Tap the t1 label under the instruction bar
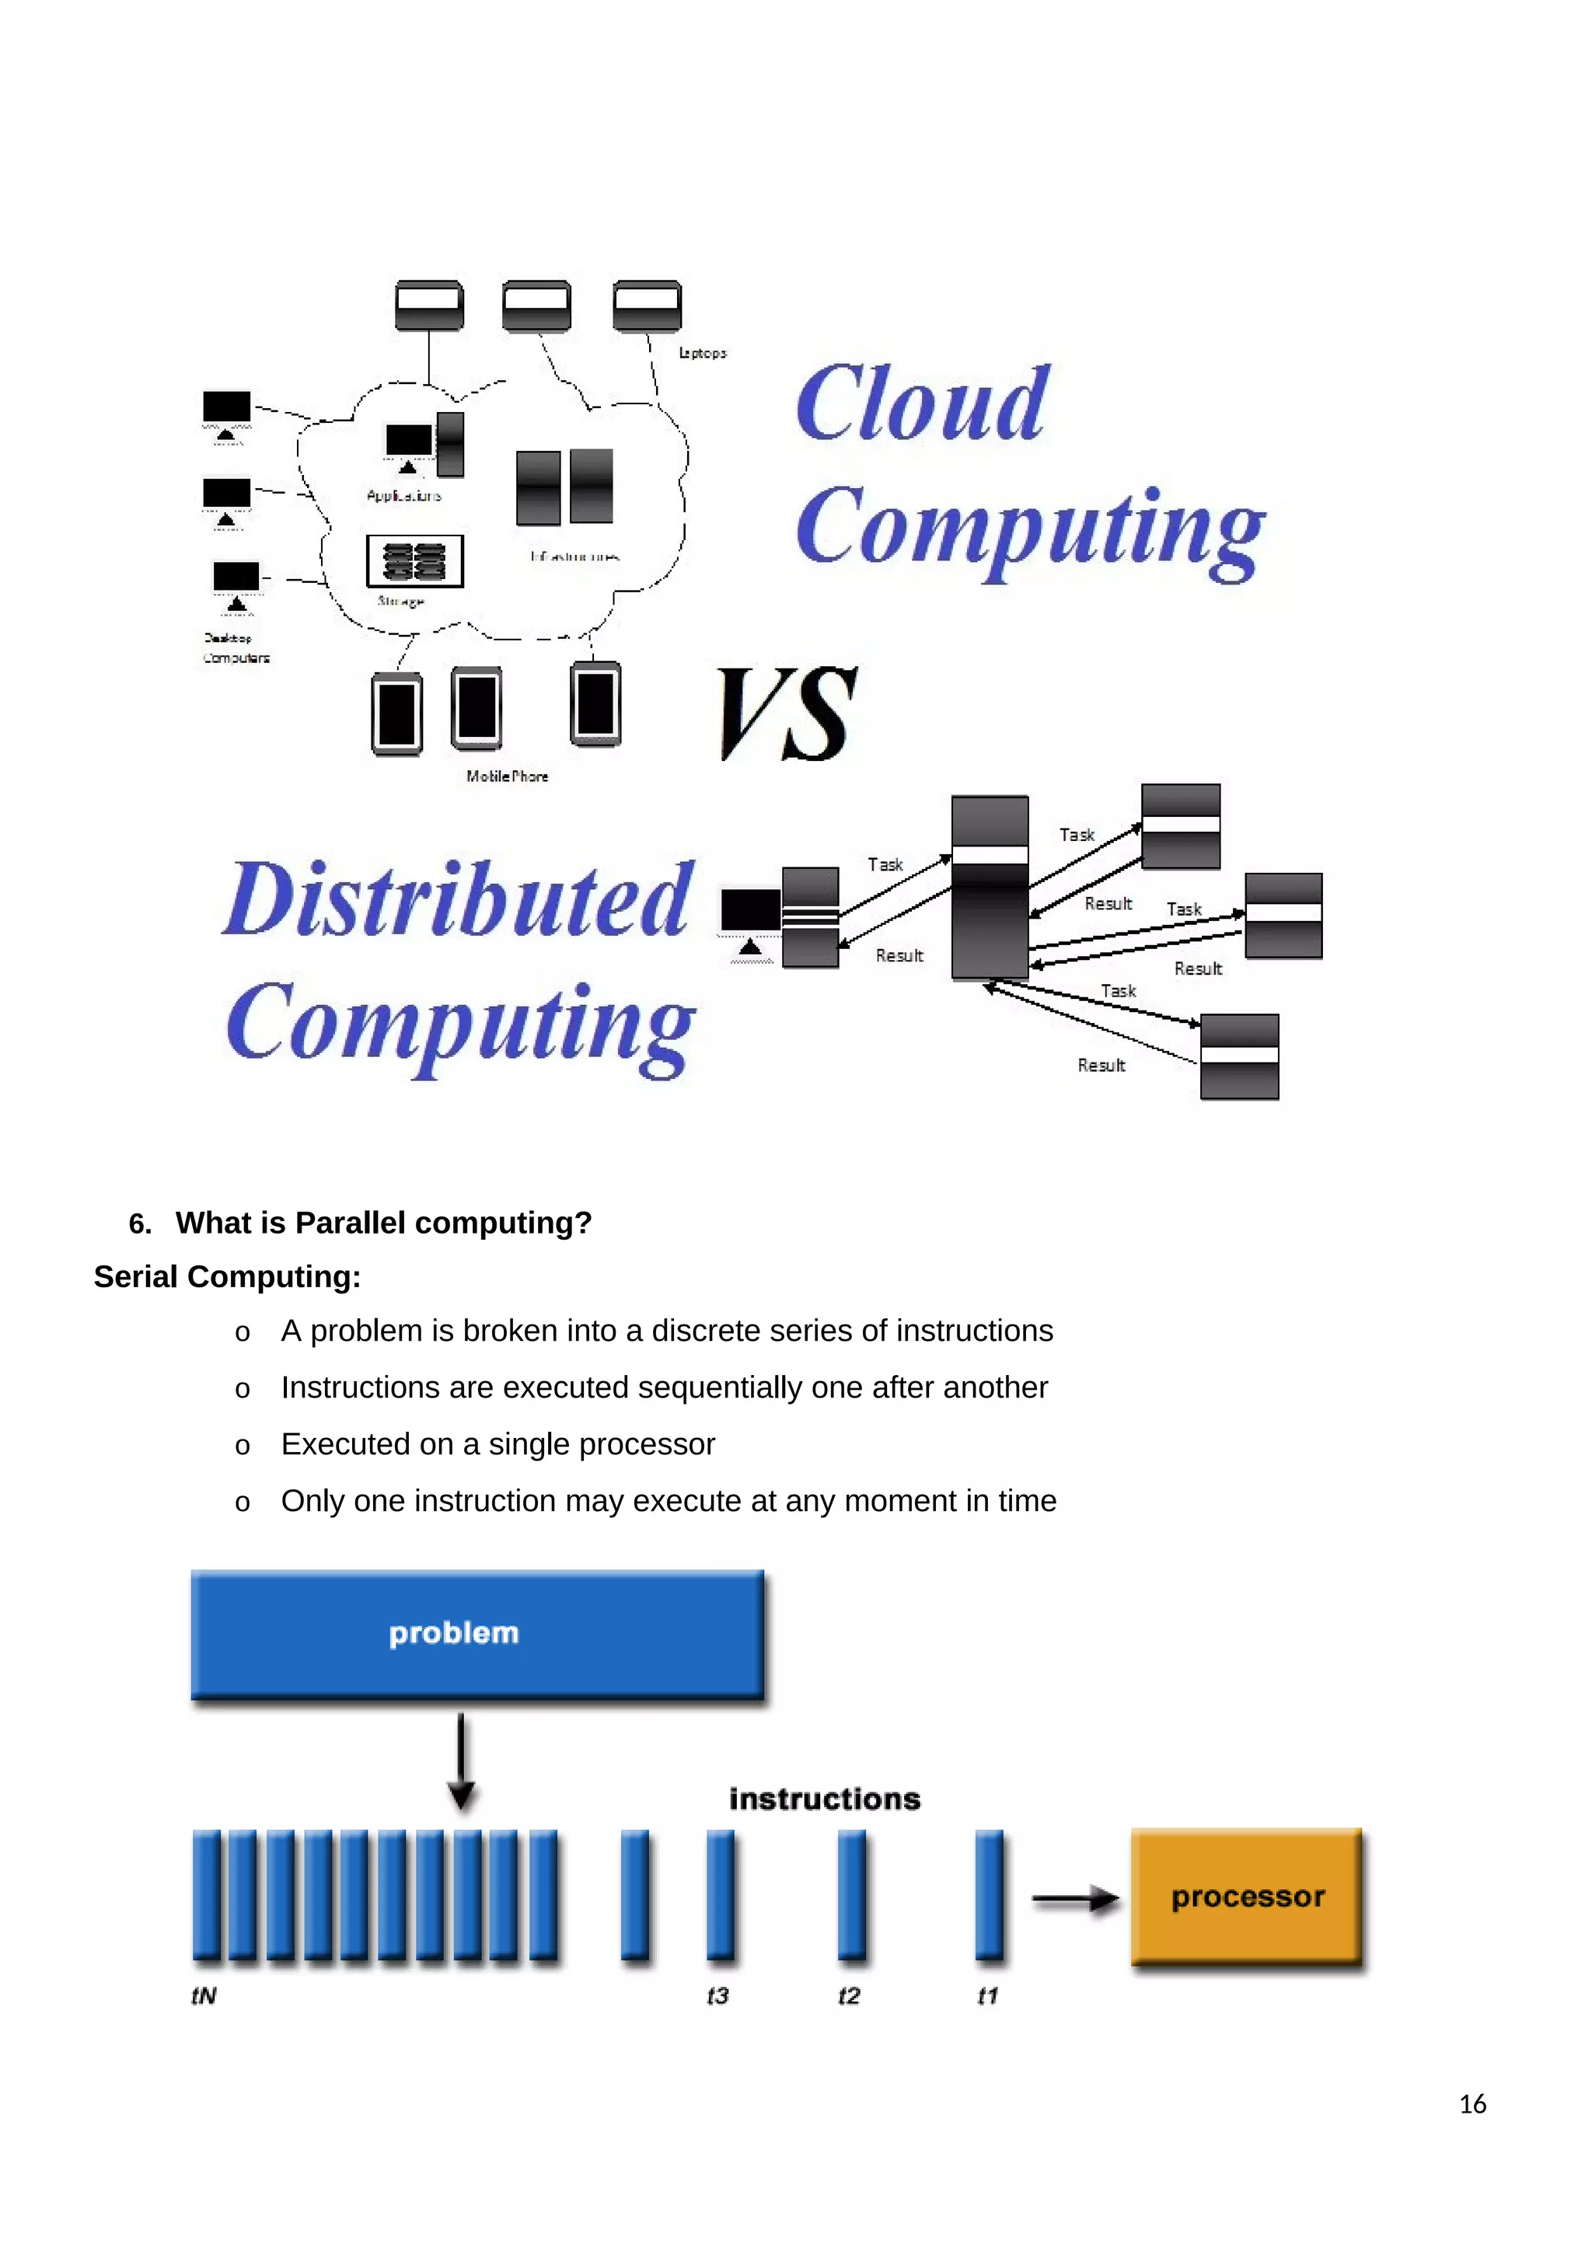tap(987, 1996)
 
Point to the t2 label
tap(849, 1996)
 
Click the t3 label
tap(717, 1996)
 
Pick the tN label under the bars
tap(204, 1996)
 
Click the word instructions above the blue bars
tap(825, 1799)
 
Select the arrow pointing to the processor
tap(1074, 1900)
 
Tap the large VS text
tap(787, 714)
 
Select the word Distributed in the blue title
tap(459, 899)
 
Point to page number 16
tap(1472, 2104)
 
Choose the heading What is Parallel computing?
tap(383, 1223)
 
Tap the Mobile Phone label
tap(507, 776)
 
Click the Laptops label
tap(703, 353)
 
